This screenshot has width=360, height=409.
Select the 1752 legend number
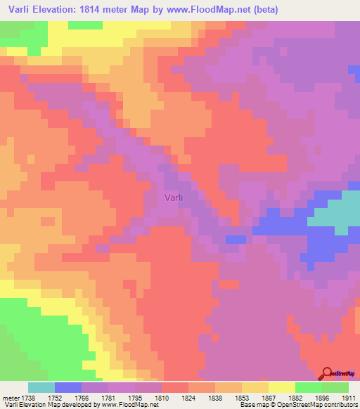pyautogui.click(x=55, y=397)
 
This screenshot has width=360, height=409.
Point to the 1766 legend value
pyautogui.click(x=82, y=397)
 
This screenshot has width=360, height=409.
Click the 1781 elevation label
pyautogui.click(x=108, y=397)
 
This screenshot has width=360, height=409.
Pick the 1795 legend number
pyautogui.click(x=135, y=397)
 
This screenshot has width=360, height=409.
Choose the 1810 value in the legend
pyautogui.click(x=162, y=397)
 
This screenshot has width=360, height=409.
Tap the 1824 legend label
pyautogui.click(x=188, y=397)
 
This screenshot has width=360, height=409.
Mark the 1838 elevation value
pyautogui.click(x=215, y=397)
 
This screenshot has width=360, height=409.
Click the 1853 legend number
pyautogui.click(x=242, y=397)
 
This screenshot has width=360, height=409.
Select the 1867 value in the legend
pyautogui.click(x=269, y=397)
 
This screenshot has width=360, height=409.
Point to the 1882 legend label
pyautogui.click(x=295, y=397)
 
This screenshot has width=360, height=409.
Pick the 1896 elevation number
pyautogui.click(x=322, y=397)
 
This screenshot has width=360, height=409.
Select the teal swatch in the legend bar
pyautogui.click(x=41, y=387)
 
